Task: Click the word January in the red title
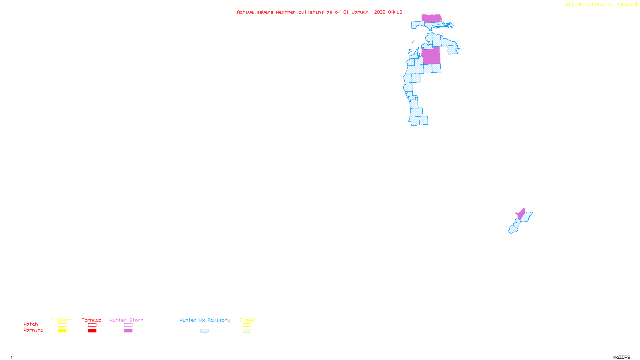361,12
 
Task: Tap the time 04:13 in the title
395,12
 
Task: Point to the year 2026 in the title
380,12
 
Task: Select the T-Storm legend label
62,320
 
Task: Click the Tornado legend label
92,320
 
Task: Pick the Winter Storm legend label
126,320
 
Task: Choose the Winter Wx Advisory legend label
205,320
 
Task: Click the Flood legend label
247,320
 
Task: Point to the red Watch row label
31,324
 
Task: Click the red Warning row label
34,330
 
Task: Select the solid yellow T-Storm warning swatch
62,331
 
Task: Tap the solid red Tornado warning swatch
92,331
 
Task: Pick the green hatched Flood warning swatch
247,331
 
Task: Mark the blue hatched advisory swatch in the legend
204,331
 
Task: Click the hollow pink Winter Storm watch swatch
128,325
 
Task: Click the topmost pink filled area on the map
431,18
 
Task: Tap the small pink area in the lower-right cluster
521,214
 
